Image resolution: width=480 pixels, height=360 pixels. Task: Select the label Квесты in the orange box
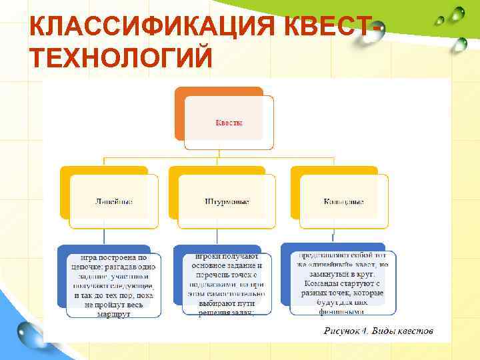click(x=229, y=123)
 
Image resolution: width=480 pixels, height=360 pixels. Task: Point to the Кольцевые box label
click(x=343, y=201)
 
